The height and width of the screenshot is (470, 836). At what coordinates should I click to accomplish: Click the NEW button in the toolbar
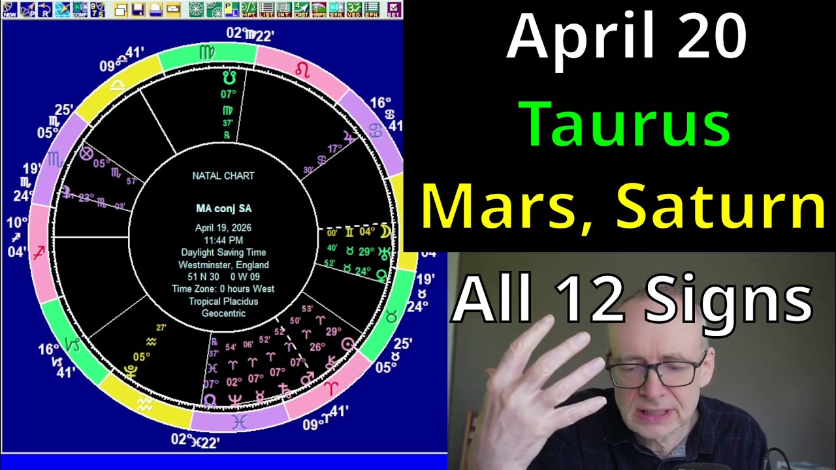click(10, 9)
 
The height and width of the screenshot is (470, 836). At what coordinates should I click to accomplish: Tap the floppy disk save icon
click(137, 9)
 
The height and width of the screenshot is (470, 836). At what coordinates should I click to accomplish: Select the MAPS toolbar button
click(319, 9)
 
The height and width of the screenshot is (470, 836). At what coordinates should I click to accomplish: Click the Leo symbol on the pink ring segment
click(302, 69)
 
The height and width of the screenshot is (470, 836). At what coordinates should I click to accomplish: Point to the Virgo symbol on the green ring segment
click(206, 52)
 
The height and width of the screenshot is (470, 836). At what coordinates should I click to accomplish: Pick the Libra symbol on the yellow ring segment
click(118, 87)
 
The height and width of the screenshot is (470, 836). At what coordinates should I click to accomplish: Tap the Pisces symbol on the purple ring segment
click(239, 422)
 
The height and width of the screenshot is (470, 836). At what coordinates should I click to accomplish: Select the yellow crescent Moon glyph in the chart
click(386, 232)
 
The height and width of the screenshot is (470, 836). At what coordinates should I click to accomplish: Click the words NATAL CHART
click(223, 176)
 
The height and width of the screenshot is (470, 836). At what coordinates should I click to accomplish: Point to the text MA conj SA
click(223, 208)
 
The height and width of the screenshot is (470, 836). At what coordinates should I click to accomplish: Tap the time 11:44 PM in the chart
click(223, 240)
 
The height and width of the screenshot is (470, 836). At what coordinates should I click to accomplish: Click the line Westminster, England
click(223, 265)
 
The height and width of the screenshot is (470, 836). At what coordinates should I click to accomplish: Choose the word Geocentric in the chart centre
click(223, 313)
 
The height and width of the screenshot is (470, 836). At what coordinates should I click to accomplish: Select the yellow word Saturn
click(721, 206)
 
